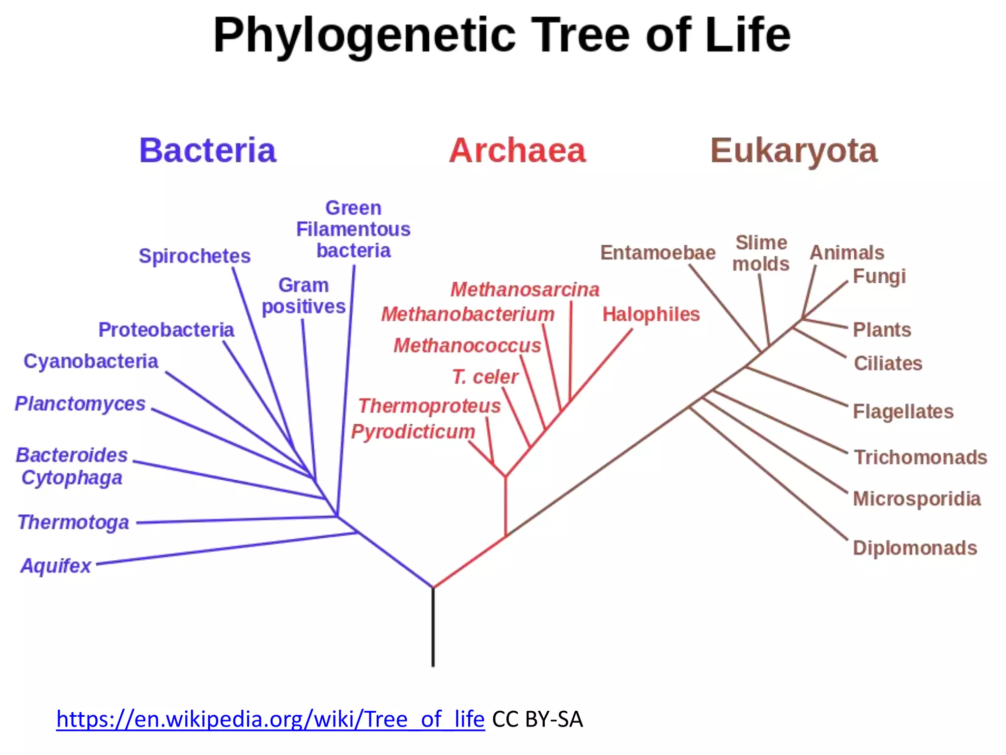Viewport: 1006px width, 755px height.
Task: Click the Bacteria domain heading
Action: pos(207,150)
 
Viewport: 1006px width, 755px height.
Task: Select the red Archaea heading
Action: pos(517,150)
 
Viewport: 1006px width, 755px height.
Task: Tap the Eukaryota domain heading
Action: pos(794,150)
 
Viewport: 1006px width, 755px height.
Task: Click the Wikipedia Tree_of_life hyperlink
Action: pos(270,719)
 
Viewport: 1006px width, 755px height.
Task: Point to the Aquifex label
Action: pos(56,566)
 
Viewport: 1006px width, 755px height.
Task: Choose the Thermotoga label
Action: pos(73,522)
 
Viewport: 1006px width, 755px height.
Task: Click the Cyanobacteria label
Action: pos(91,361)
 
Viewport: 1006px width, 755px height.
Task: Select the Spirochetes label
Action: pos(195,256)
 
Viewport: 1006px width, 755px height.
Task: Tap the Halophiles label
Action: pos(651,315)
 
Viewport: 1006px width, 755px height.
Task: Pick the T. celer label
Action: pos(485,377)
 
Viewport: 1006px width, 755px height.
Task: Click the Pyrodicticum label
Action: pos(413,432)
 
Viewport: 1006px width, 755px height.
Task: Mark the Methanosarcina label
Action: pos(525,290)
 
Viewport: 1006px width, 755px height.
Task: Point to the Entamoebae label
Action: pos(658,253)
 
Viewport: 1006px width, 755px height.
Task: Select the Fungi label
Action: pos(879,277)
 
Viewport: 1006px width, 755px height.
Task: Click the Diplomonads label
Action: pos(915,548)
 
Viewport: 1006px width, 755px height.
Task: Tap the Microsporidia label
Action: pos(917,499)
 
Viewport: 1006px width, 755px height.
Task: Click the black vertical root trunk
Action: pos(433,629)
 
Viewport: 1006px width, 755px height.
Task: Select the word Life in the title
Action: pos(748,35)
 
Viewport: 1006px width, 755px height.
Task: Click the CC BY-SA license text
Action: pos(537,719)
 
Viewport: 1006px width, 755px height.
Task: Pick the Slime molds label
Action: pos(761,254)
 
